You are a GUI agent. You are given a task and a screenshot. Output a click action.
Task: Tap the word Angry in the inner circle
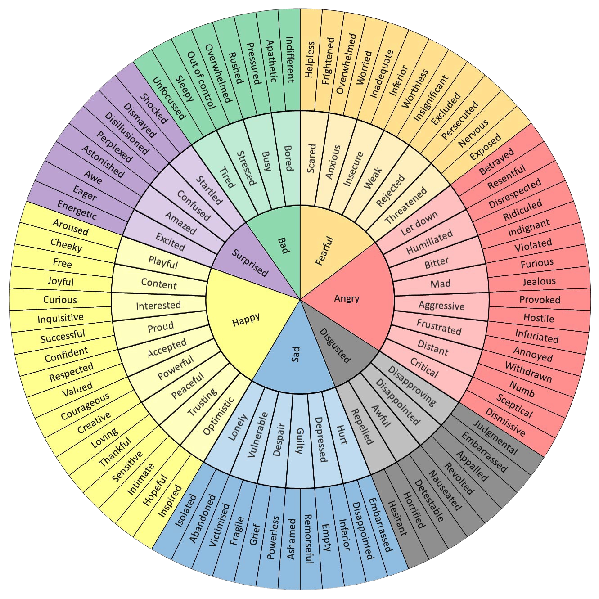(347, 298)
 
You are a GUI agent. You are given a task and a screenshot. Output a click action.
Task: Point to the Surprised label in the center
(250, 263)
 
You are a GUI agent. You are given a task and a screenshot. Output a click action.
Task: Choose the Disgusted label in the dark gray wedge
(335, 345)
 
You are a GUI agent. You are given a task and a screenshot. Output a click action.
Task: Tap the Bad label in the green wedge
(284, 245)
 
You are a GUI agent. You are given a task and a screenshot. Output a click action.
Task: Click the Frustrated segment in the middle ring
(439, 327)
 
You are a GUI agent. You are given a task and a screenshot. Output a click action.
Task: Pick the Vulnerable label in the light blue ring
(257, 435)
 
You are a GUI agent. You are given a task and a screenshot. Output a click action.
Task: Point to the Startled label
(209, 190)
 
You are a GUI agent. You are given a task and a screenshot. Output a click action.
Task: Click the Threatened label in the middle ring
(406, 206)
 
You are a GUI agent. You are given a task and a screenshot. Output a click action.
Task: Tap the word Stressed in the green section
(246, 167)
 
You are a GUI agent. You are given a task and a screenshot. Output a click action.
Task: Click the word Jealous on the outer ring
(539, 281)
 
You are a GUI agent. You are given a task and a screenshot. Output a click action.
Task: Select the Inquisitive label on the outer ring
(60, 318)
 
